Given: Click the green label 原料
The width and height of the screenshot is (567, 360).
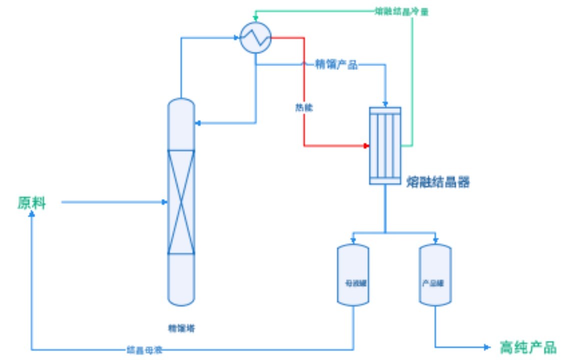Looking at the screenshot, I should [31, 203].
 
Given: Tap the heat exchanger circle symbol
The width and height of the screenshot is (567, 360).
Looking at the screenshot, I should [255, 37].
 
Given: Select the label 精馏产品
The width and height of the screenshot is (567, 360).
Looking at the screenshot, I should [336, 64].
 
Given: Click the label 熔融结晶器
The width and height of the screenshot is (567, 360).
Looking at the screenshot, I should [438, 182].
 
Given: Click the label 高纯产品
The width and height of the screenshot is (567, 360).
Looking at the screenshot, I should [527, 346].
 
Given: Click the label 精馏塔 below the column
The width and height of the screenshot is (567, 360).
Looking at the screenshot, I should [181, 328].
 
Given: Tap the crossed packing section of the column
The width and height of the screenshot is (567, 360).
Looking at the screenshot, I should [181, 201].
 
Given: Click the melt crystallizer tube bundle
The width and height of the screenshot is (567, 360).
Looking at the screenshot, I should [385, 145].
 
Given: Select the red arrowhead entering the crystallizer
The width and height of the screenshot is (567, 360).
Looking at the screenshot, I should [366, 146].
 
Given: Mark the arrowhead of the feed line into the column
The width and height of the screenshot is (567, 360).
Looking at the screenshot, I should [164, 202].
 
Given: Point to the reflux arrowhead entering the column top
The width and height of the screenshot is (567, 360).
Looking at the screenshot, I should [197, 122].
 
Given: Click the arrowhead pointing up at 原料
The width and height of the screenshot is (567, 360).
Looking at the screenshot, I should [31, 214].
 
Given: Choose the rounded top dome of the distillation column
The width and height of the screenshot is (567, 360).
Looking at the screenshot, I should [181, 106].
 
